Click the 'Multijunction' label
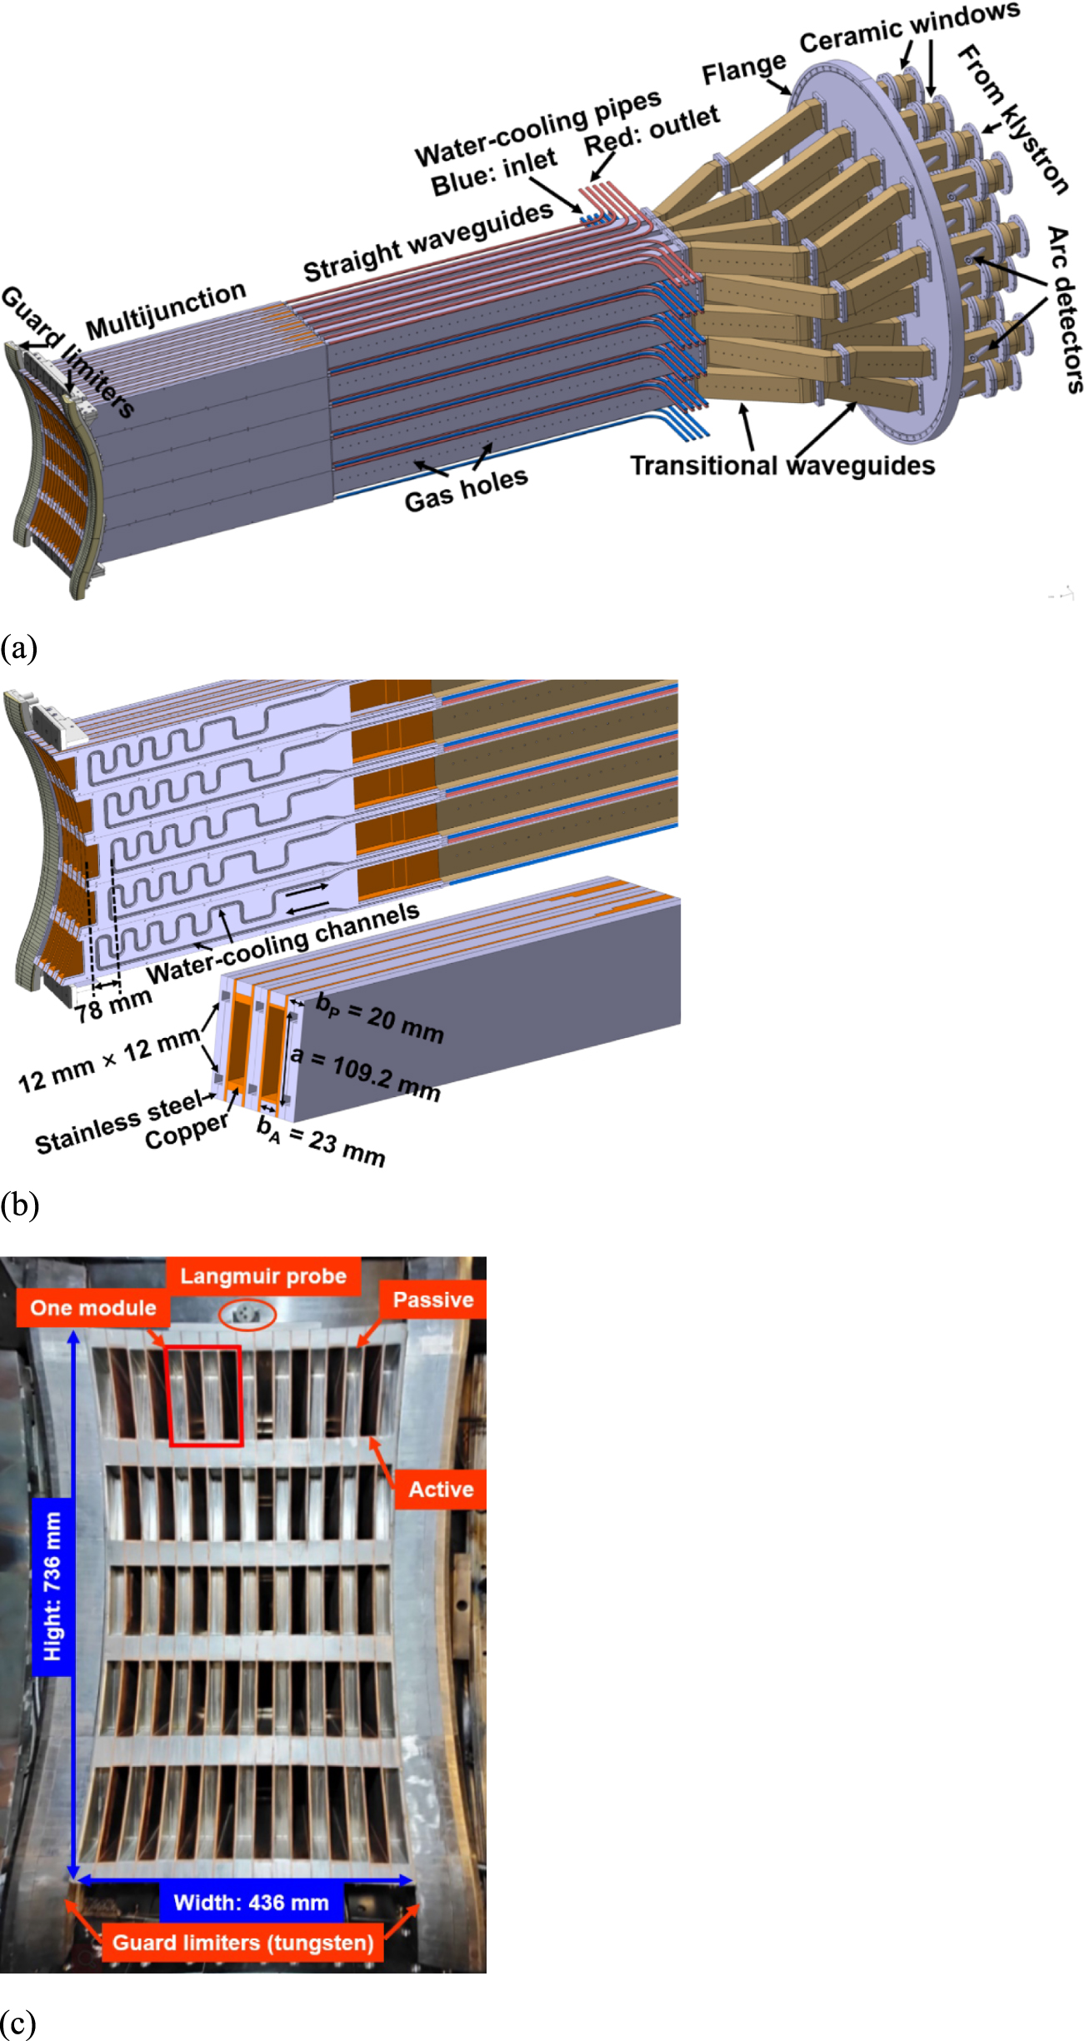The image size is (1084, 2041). [166, 310]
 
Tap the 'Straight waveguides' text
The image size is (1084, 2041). [428, 242]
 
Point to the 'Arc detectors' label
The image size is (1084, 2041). [1065, 308]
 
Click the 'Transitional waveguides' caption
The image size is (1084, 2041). [782, 465]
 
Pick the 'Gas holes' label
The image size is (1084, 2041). [466, 490]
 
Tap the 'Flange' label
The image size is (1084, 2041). [744, 69]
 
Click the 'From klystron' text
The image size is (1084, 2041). [1012, 120]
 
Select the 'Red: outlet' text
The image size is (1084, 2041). [652, 130]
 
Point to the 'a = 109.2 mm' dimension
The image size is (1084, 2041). [365, 1075]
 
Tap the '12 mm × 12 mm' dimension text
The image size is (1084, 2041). [109, 1058]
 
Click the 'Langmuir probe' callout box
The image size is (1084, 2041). [263, 1276]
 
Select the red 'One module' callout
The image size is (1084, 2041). [93, 1308]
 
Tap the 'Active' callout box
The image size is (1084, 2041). [441, 1490]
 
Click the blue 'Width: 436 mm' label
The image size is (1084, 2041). [251, 1903]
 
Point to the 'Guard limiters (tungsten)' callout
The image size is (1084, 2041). [242, 1943]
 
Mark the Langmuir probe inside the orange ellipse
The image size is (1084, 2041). [247, 1315]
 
